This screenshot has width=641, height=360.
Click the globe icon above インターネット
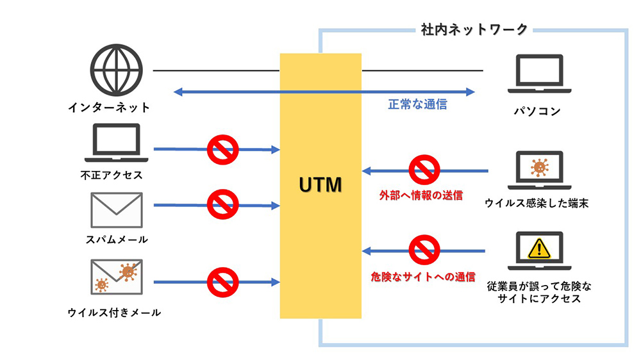(x=116, y=70)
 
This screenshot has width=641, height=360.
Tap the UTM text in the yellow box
(x=320, y=185)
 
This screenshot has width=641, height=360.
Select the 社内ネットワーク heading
(x=474, y=29)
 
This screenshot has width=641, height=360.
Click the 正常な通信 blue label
(x=417, y=104)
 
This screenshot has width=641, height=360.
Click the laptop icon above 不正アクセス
(x=116, y=143)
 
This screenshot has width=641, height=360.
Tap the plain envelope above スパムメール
(x=116, y=208)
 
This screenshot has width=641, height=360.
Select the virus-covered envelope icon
(x=116, y=276)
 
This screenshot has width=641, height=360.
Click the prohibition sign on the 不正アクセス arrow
(x=222, y=150)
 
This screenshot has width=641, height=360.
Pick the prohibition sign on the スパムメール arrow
(x=222, y=205)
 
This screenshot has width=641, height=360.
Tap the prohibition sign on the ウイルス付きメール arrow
(x=222, y=281)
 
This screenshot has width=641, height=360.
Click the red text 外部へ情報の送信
(x=420, y=195)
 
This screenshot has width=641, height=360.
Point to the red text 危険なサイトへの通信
(x=423, y=277)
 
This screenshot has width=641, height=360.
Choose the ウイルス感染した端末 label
(x=537, y=204)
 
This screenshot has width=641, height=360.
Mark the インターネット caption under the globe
(x=109, y=107)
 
